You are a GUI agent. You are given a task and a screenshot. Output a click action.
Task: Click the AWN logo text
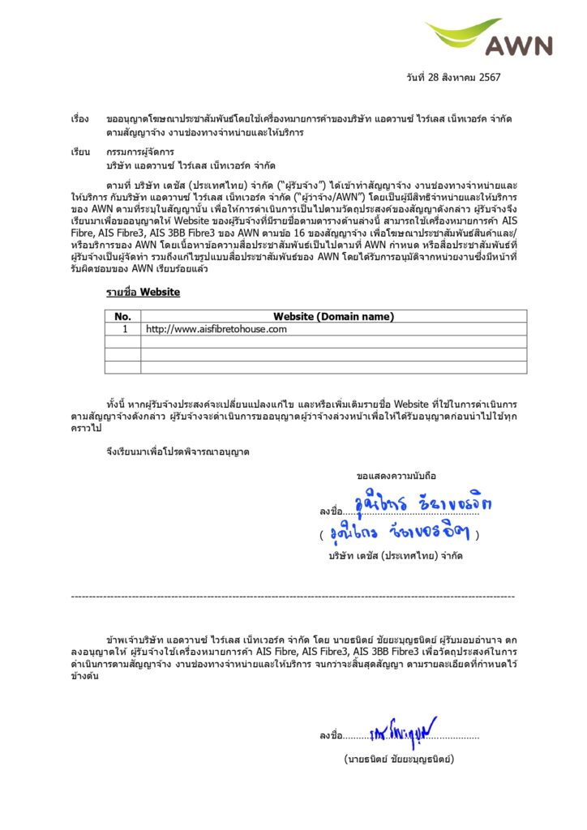520,45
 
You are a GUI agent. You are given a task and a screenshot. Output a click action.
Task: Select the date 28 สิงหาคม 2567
444,77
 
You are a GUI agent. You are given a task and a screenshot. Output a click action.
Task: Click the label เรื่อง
80,119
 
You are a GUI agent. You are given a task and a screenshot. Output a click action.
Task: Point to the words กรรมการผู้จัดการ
138,152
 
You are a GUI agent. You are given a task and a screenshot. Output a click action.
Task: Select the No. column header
123,317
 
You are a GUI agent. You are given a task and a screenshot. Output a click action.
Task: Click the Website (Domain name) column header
333,317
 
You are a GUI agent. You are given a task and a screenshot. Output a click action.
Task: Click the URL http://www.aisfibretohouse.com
216,329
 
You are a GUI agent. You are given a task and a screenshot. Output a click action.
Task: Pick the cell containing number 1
124,329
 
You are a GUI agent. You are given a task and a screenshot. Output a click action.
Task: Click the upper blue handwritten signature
423,506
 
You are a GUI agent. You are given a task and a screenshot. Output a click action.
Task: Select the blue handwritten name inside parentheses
400,534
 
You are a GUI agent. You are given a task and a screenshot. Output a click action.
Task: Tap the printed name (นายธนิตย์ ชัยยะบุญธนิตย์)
398,759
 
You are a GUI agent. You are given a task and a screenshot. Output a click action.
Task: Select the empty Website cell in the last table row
333,367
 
